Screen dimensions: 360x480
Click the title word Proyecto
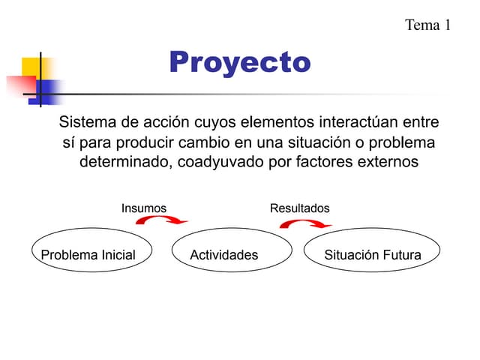click(x=239, y=63)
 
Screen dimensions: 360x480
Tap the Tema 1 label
click(x=427, y=25)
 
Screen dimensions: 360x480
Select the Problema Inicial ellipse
click(x=88, y=255)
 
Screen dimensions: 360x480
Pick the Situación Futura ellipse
click(x=372, y=255)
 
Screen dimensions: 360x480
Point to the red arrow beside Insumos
click(x=166, y=220)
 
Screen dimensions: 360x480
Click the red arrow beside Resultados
click(x=310, y=223)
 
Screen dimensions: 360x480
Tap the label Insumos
click(x=144, y=208)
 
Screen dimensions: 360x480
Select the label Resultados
click(x=299, y=208)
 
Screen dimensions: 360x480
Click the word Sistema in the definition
click(x=88, y=122)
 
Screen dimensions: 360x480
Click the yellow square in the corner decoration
click(x=30, y=69)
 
